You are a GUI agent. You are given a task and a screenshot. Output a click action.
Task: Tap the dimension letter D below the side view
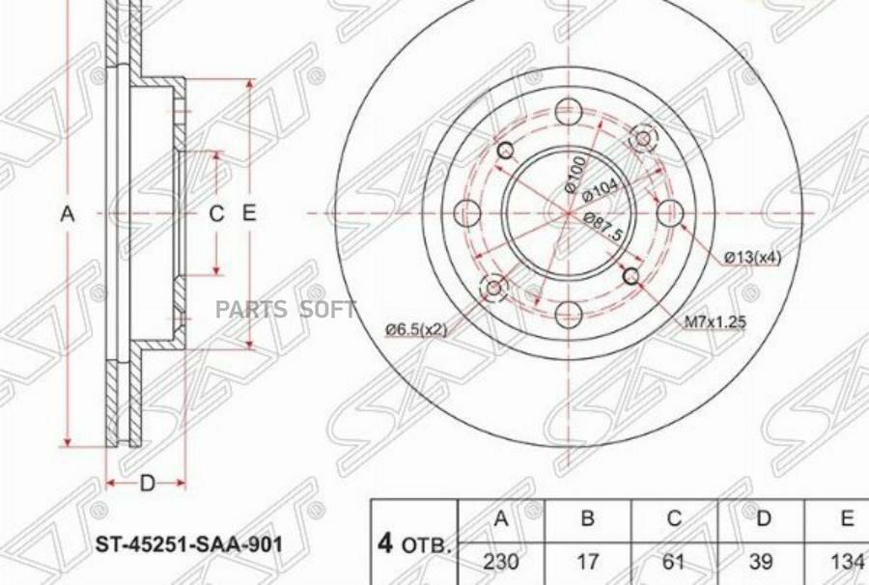click(147, 483)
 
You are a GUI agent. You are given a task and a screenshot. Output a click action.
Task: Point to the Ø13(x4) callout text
click(753, 257)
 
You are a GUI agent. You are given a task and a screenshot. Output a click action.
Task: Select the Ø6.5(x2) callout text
click(416, 330)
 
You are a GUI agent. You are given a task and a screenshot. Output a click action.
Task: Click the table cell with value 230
click(500, 563)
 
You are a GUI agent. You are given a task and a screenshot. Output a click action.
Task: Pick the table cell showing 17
click(586, 563)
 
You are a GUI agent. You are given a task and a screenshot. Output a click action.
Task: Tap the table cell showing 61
click(674, 563)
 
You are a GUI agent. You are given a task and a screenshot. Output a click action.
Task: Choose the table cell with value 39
click(762, 563)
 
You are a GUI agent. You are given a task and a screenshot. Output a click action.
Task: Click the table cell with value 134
click(846, 563)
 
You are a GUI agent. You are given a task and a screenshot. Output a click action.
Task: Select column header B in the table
click(586, 519)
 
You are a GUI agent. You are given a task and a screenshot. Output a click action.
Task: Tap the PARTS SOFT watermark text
click(286, 309)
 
